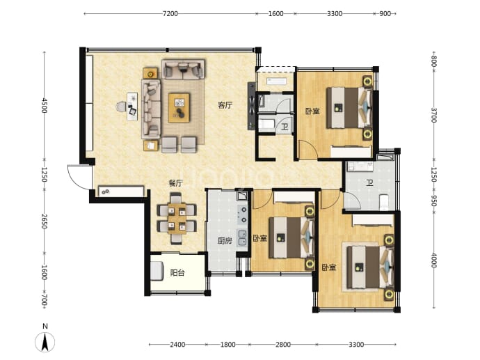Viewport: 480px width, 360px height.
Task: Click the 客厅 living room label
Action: point(225,105)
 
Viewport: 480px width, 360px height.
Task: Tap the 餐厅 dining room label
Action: point(176,183)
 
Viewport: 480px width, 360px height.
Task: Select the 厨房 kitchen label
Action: point(225,241)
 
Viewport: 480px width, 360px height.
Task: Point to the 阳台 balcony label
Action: point(177,272)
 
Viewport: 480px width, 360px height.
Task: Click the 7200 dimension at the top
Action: point(170,13)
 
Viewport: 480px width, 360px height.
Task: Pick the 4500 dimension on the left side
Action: point(45,105)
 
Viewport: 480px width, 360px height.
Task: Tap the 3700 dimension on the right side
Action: point(433,115)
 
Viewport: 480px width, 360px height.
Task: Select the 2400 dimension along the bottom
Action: point(177,345)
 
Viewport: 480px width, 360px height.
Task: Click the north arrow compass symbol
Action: point(45,342)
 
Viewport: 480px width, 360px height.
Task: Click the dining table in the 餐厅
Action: point(177,219)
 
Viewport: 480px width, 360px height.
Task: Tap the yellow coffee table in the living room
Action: point(179,108)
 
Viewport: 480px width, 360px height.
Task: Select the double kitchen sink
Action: point(242,237)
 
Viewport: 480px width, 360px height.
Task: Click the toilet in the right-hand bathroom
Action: point(384,202)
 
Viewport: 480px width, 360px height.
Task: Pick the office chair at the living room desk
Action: point(121,107)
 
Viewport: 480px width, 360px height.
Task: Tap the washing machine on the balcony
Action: point(157,271)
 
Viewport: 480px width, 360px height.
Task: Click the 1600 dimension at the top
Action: point(275,13)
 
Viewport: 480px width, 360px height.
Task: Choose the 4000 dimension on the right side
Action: point(433,260)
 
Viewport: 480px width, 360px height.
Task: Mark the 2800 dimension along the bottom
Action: point(283,345)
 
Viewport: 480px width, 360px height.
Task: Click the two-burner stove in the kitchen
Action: point(243,214)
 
